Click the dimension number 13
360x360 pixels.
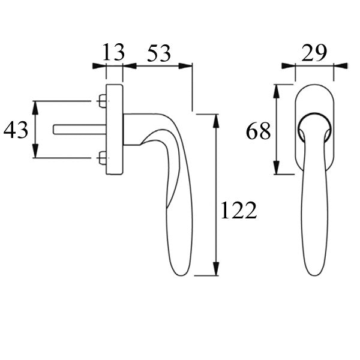click(x=114, y=53)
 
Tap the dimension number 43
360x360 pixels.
click(x=16, y=130)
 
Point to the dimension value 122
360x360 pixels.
click(x=238, y=211)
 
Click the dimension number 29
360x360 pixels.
click(x=315, y=53)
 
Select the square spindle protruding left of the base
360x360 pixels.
click(x=78, y=129)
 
